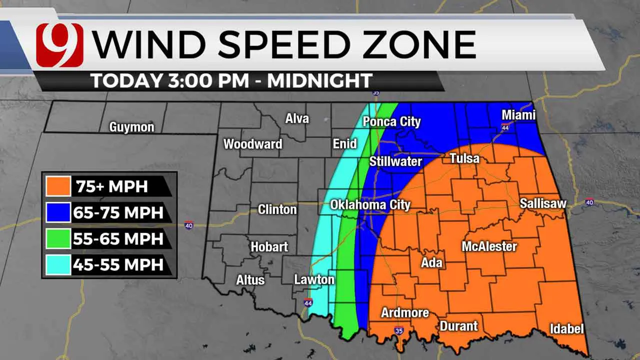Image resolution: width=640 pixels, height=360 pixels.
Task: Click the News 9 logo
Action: coord(59,45)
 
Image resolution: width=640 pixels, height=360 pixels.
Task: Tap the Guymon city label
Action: coord(132,127)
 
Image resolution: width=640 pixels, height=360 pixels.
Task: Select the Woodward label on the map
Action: coord(252,144)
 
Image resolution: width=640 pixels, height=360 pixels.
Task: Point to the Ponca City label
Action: coord(391,121)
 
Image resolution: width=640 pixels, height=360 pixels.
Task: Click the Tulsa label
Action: coord(464,158)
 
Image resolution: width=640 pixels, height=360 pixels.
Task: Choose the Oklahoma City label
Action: coord(370,204)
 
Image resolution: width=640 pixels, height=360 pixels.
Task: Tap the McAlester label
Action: coord(489,246)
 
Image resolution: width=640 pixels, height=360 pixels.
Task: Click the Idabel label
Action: coord(566,329)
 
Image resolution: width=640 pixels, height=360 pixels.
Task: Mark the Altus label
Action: coord(250,280)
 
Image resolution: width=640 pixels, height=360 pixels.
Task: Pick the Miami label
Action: coord(518,115)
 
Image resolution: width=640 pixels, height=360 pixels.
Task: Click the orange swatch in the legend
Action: coord(58,186)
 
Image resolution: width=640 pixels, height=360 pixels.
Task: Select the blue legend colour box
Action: coord(58,212)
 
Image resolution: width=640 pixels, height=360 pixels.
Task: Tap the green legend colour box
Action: coord(58,238)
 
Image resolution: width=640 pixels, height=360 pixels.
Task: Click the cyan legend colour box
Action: coord(58,264)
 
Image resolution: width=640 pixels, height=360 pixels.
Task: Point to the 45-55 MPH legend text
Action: coord(119,264)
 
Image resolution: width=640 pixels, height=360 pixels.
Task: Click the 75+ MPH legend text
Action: coord(112,186)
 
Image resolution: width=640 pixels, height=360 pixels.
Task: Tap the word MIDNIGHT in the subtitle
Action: coord(320,80)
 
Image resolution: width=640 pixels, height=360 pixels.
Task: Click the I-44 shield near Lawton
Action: coord(308,303)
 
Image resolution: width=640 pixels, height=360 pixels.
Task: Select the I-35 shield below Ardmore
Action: coord(398,330)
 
